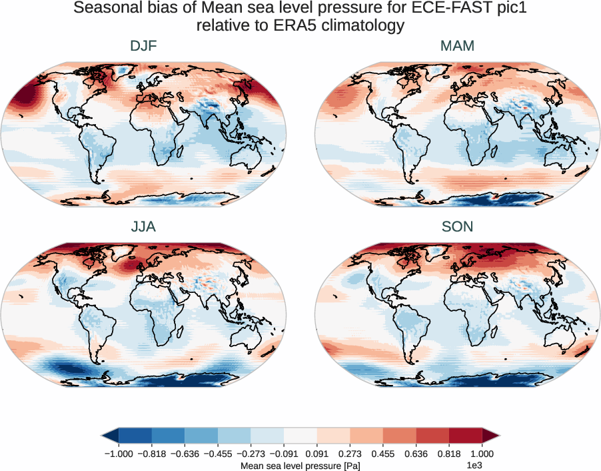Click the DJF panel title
coord(144,47)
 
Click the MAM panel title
coord(457,47)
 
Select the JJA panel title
coord(144,227)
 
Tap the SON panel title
coord(457,227)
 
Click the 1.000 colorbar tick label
coord(482,454)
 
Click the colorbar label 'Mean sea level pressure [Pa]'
coord(300,465)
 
